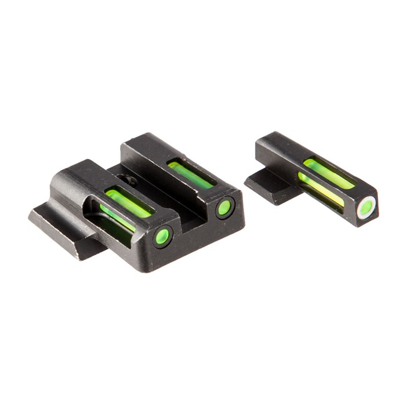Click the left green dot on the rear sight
coord(163,235)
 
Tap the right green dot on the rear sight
coord(224,208)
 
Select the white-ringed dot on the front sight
coord(366,208)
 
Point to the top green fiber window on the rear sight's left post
coord(129,200)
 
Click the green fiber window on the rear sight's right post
coord(189,175)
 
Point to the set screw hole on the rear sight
coord(130,180)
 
